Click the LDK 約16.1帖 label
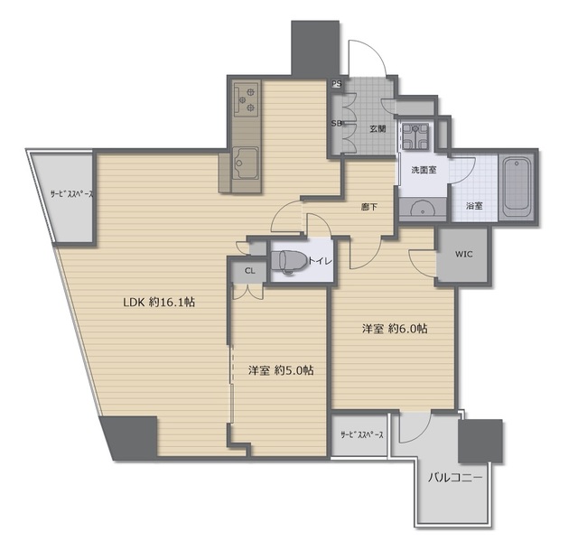click(159, 303)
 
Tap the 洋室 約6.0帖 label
click(395, 328)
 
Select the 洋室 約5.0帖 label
click(281, 370)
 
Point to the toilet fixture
click(289, 262)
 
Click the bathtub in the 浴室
click(517, 188)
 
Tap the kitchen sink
click(245, 163)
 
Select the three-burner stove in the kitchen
click(246, 98)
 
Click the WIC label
click(463, 254)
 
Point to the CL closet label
click(250, 271)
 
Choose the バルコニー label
click(455, 478)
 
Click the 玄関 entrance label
click(378, 128)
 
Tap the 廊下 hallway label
click(369, 207)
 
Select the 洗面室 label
click(424, 170)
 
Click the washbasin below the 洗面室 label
click(423, 208)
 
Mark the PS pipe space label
click(336, 84)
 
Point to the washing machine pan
click(415, 136)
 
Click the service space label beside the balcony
click(362, 434)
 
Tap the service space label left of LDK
click(72, 194)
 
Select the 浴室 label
click(474, 206)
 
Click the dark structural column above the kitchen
click(315, 49)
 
